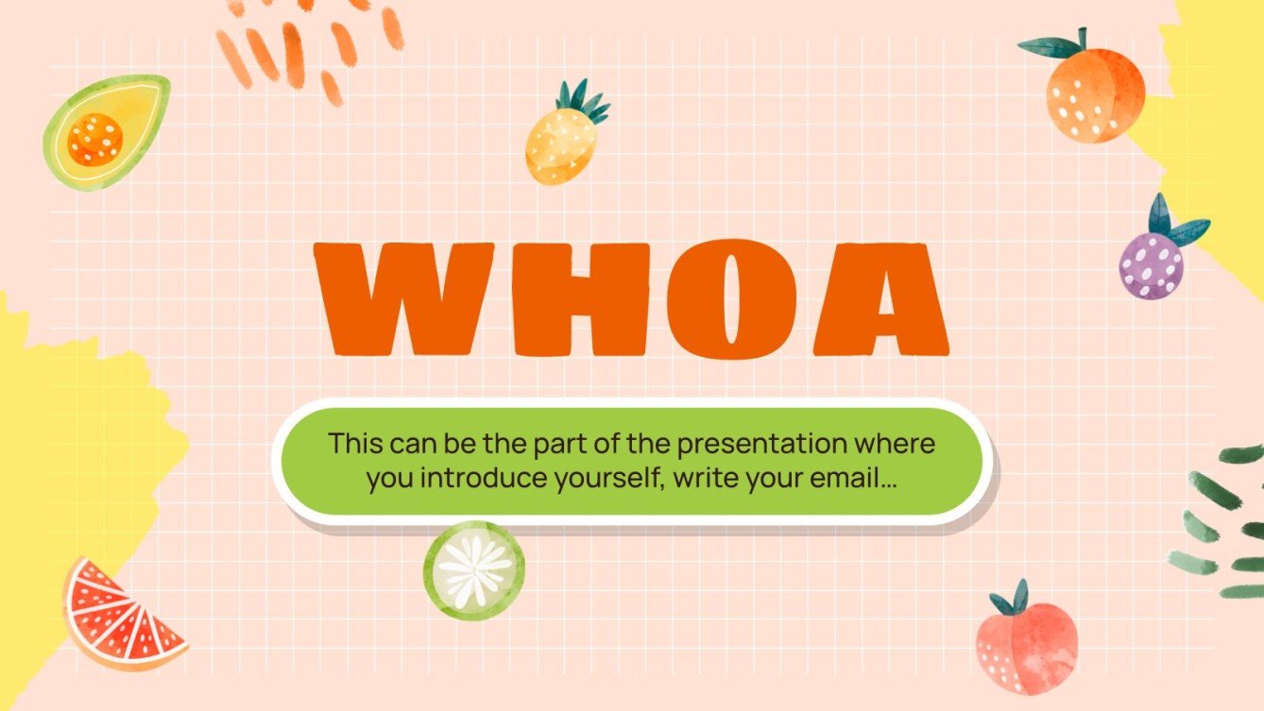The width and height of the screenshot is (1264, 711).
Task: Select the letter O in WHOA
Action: coord(726,296)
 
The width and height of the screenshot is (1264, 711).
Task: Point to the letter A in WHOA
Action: coord(880,298)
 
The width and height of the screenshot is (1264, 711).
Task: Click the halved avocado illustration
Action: coord(106,132)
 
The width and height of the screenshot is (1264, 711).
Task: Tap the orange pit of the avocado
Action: coord(95,139)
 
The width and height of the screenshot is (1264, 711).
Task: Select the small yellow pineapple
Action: coord(562,145)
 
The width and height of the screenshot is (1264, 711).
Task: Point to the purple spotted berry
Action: coord(1150,265)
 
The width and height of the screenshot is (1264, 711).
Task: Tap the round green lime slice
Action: coord(473,570)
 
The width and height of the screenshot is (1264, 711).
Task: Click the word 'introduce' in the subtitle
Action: coord(464,479)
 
